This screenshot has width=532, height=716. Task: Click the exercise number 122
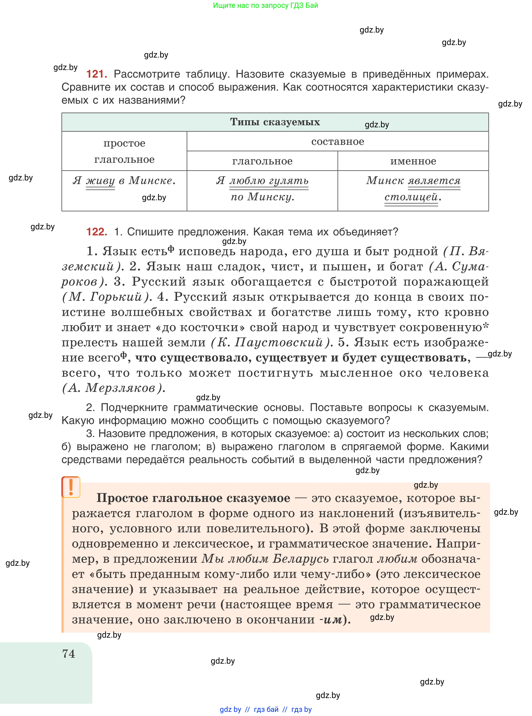click(x=97, y=232)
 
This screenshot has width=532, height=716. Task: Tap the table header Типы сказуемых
click(x=275, y=122)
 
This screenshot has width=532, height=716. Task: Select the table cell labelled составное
click(x=337, y=142)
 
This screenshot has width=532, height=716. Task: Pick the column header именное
click(x=413, y=161)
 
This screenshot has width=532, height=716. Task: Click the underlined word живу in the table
click(x=100, y=181)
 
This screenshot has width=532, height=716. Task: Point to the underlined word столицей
click(x=411, y=197)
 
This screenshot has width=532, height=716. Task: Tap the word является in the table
click(x=434, y=181)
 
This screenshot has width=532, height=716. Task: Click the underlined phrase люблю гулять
click(x=269, y=181)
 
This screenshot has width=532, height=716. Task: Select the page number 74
click(x=68, y=654)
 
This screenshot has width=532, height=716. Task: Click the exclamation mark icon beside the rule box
click(x=71, y=487)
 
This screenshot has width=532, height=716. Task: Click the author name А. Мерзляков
click(x=113, y=388)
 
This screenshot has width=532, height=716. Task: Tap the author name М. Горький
click(x=106, y=297)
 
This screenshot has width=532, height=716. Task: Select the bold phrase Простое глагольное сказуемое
click(x=193, y=498)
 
